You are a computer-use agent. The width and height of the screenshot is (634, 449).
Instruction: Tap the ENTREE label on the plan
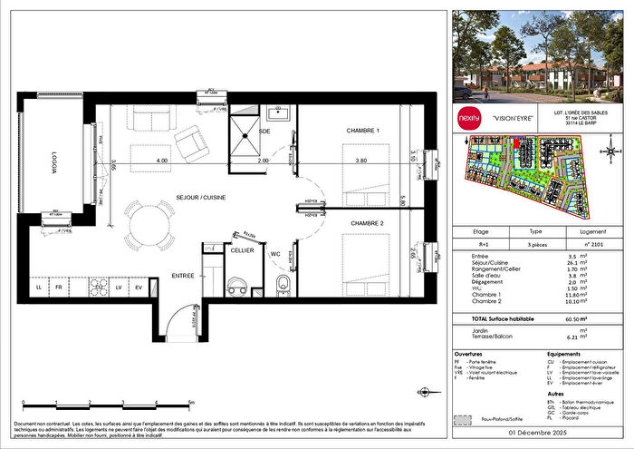184,276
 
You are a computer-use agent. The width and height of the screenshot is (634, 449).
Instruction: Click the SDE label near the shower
264,132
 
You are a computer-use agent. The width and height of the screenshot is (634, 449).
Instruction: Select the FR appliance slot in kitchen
58,288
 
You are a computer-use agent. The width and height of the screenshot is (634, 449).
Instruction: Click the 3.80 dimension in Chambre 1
360,161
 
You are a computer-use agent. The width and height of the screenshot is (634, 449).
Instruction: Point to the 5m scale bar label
191,401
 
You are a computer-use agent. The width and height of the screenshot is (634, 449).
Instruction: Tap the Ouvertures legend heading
471,353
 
